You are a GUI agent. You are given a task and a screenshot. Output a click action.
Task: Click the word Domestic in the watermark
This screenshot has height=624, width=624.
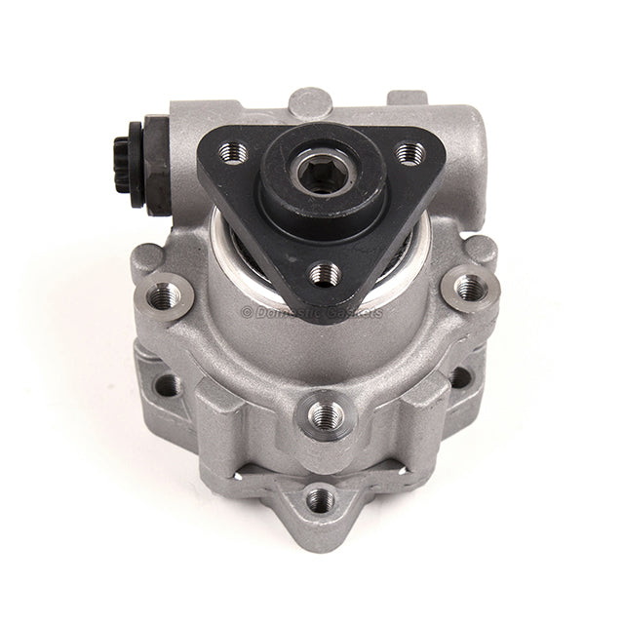pyautogui.click(x=287, y=312)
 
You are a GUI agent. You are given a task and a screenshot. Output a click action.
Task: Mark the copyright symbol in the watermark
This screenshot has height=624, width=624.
pyautogui.click(x=246, y=312)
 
